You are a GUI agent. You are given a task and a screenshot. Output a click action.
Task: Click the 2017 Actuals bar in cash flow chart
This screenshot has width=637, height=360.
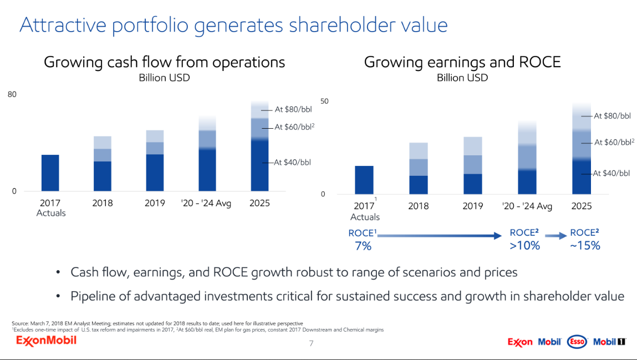click(50, 173)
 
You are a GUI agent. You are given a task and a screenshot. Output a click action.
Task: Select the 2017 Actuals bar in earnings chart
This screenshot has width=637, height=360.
click(364, 180)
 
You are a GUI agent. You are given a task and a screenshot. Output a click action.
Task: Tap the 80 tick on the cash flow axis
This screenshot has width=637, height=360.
click(12, 95)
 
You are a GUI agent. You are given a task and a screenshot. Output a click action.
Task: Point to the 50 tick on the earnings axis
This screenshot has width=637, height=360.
click(324, 102)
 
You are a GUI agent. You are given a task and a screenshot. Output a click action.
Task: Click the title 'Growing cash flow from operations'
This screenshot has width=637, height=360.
click(164, 62)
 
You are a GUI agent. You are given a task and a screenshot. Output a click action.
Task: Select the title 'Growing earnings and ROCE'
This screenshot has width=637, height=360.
click(462, 62)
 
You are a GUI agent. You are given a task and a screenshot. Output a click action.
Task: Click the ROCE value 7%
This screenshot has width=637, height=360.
click(363, 246)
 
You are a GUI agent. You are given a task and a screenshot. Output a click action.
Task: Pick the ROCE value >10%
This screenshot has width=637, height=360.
click(524, 246)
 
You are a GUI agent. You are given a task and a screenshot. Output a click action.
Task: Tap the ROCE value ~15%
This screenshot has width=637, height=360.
click(584, 246)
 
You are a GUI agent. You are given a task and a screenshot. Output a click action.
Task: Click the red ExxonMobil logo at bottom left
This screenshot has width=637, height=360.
click(47, 340)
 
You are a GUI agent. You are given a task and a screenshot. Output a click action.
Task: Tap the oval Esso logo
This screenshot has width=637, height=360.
click(578, 342)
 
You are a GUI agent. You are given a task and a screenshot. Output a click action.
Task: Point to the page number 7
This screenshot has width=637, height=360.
click(311, 343)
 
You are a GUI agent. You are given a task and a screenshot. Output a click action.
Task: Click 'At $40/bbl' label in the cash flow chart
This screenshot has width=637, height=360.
click(293, 163)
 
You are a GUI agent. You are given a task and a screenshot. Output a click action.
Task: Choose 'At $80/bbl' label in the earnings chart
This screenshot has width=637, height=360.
click(612, 116)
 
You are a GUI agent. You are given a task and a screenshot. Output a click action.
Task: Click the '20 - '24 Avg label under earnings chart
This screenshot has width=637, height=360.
click(527, 206)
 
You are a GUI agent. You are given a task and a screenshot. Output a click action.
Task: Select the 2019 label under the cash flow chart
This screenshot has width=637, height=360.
click(155, 203)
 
